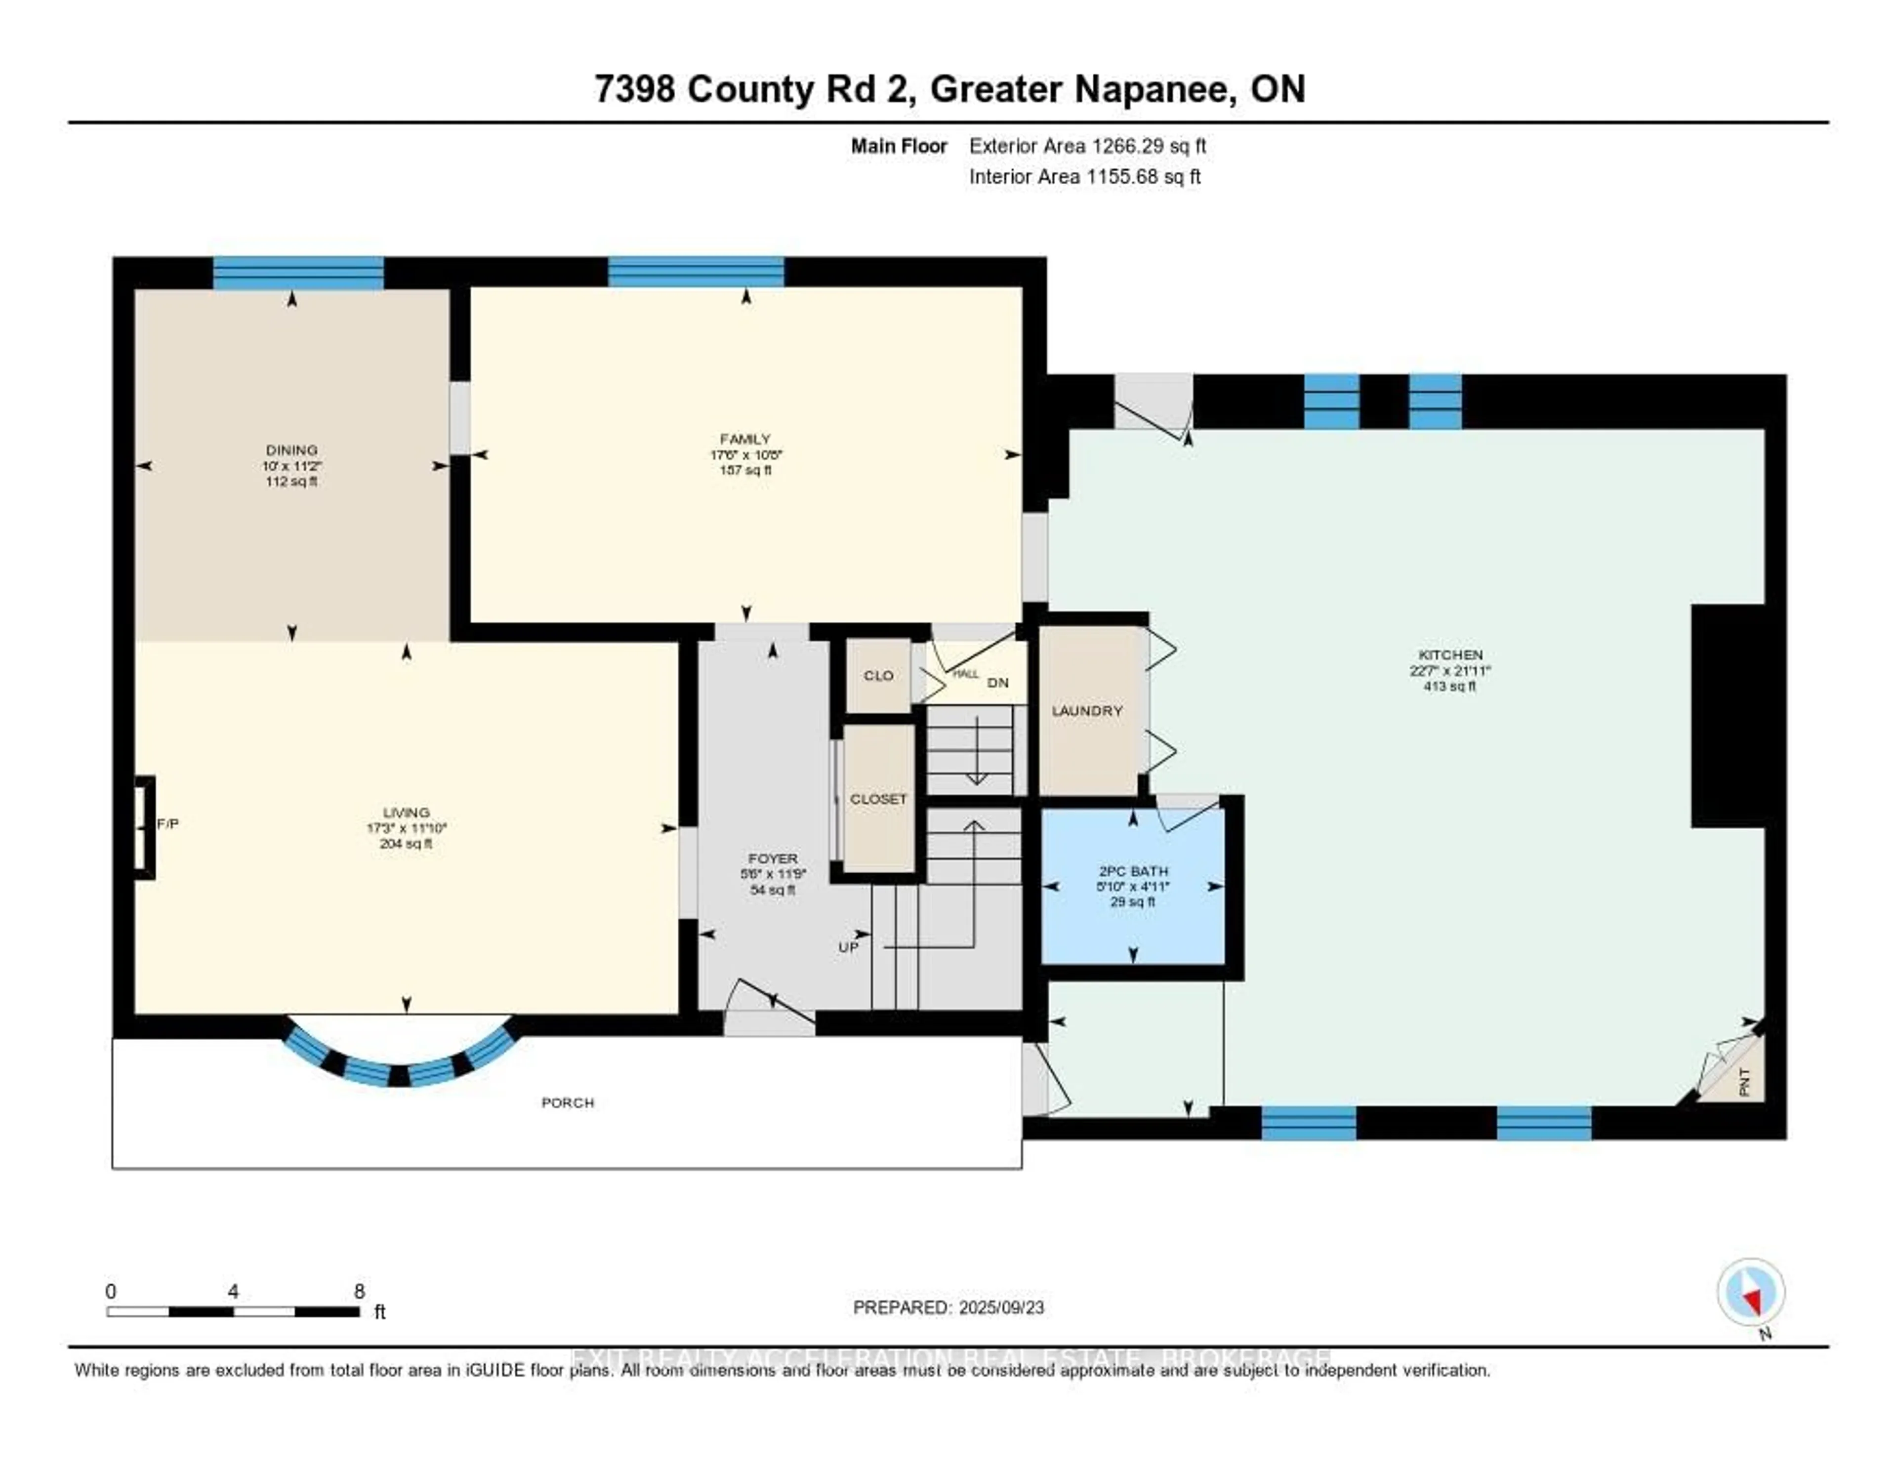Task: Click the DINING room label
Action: point(292,450)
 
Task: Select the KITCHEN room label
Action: point(1450,655)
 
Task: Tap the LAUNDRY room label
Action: point(1087,710)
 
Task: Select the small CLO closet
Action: point(878,676)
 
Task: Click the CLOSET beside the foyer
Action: point(878,799)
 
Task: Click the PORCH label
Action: point(568,1103)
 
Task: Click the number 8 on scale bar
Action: point(360,1291)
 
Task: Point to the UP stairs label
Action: point(849,947)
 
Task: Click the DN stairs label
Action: point(998,683)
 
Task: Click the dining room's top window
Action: point(298,273)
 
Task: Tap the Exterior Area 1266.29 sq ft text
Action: point(1087,146)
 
